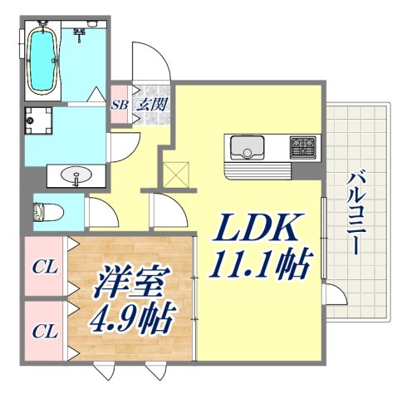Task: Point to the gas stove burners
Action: coord(302,148)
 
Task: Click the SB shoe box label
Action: coord(119,105)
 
